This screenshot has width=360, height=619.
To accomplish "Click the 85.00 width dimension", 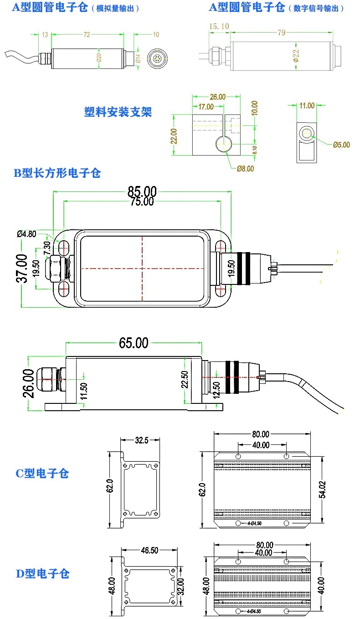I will tap(142, 190).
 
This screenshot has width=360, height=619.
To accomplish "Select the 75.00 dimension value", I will tap(142, 201).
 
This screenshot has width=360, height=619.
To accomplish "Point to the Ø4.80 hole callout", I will tap(26, 234).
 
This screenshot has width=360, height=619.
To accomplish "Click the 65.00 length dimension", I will tap(134, 342).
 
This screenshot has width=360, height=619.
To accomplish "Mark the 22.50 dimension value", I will tap(185, 379).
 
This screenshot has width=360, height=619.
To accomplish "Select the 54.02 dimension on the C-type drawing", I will tap(323, 489).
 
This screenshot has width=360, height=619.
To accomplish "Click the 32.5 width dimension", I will tap(141, 441).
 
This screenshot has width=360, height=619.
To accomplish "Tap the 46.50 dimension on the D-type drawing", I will tap(149, 550).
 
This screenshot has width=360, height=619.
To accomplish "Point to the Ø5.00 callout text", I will tap(341, 145).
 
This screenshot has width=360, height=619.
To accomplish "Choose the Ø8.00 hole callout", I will tap(245, 169).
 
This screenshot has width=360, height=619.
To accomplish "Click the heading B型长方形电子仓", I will tap(57, 173).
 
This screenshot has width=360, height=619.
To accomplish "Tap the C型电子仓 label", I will tap(42, 473).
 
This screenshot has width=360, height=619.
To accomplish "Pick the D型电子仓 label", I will tap(43, 573).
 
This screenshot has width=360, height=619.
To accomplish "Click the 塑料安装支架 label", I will tap(118, 112).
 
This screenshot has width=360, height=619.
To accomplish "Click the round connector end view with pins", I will tap(157, 58).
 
